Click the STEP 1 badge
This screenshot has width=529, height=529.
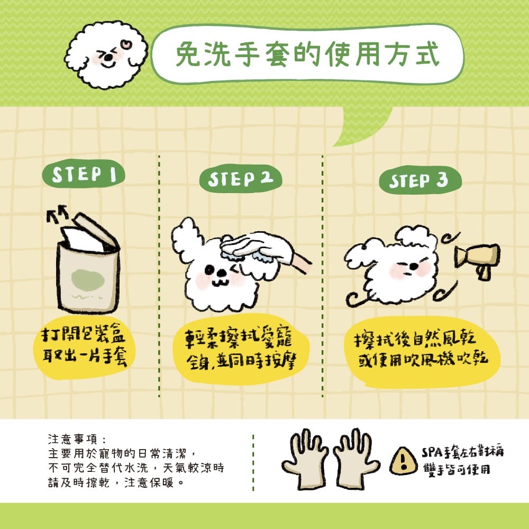(84, 175)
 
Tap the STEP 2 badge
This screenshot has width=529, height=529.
(241, 178)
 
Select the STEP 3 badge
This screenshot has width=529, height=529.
(420, 180)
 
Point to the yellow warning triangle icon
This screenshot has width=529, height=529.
(404, 461)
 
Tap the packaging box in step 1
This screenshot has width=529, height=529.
(88, 267)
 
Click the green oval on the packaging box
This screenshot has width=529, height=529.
(88, 280)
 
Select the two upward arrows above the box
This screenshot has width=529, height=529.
(58, 214)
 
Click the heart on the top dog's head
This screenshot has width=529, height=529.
(126, 45)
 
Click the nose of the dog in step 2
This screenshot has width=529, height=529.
(222, 273)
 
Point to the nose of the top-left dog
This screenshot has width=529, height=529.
(108, 58)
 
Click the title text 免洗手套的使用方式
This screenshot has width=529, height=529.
(307, 54)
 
